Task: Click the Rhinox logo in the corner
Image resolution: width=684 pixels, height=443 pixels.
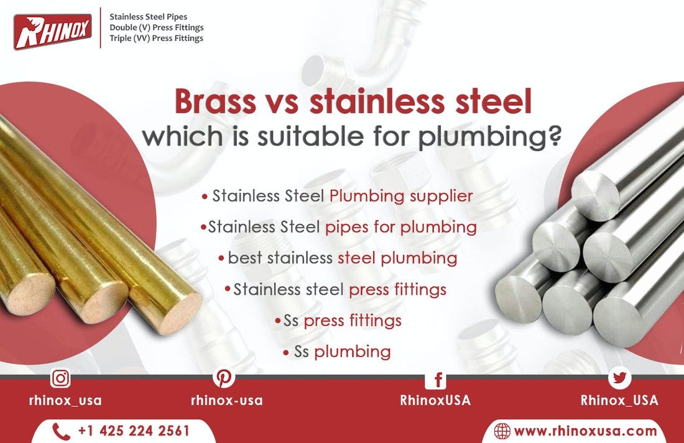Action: [x=52, y=32]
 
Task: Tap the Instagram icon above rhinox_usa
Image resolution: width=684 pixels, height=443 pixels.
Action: [x=60, y=378]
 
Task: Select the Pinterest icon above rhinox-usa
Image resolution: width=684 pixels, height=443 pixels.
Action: [x=223, y=378]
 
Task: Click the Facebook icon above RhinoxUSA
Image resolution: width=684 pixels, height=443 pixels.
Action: [x=436, y=380]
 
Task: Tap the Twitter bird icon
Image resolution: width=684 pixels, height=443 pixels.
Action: [x=619, y=378]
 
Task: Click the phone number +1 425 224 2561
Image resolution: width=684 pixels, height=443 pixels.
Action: [x=134, y=431]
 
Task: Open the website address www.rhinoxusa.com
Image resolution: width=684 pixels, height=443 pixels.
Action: [x=585, y=431]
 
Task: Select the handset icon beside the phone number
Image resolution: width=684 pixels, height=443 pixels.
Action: [x=61, y=431]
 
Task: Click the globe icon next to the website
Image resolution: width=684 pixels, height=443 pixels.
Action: [x=502, y=431]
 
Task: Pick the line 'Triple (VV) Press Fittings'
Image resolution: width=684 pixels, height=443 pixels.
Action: [x=156, y=38]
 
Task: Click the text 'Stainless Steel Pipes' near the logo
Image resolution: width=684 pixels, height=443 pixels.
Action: [x=148, y=17]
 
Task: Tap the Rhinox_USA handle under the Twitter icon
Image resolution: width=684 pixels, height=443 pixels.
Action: [x=619, y=400]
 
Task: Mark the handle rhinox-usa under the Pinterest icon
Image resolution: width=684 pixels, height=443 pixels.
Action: [x=226, y=400]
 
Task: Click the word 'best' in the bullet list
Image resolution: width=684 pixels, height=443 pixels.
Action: [x=245, y=258]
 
